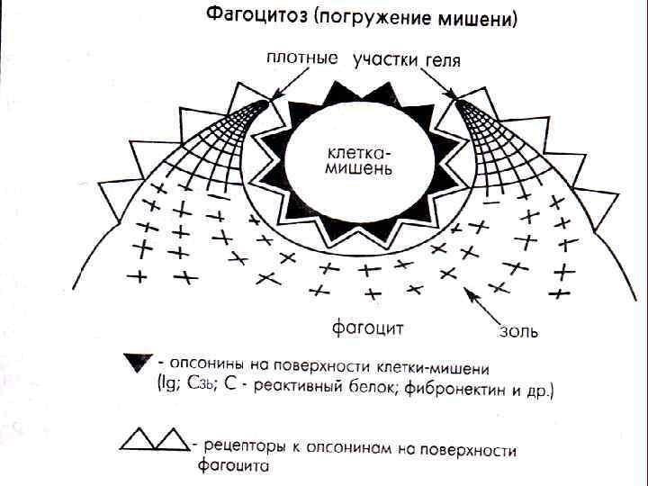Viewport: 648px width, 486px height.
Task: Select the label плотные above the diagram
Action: (302, 58)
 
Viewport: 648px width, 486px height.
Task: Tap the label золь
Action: (518, 331)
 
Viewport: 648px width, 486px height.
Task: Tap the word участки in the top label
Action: (383, 60)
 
